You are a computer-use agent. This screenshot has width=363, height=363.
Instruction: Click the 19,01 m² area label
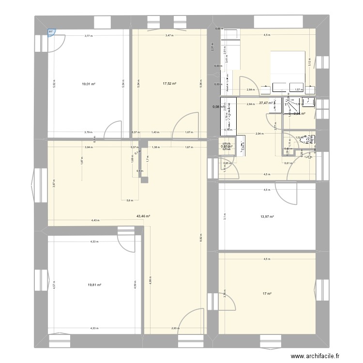89,84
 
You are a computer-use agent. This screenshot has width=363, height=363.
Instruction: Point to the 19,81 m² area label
95,285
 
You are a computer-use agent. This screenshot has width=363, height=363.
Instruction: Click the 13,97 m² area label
268,217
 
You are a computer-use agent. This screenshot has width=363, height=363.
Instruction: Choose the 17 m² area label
267,293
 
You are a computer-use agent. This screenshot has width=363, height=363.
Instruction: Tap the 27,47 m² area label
266,103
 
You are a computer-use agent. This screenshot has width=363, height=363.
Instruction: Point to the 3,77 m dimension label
88,35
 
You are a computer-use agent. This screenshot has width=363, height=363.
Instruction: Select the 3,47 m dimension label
169,35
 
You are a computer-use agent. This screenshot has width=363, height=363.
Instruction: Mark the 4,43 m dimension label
95,220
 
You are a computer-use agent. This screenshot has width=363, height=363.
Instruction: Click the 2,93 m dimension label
175,329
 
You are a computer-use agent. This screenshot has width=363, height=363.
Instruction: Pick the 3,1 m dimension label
225,217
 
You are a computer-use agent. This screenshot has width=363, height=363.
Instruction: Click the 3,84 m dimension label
88,147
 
